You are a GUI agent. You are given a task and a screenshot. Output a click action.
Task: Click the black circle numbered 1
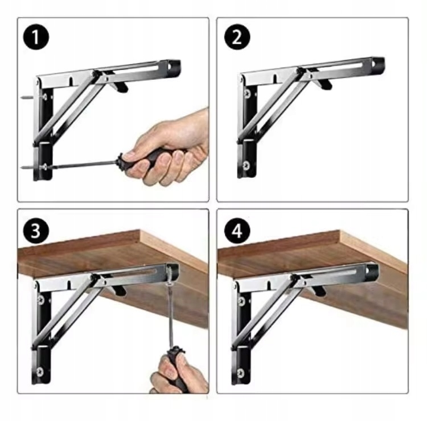click(x=36, y=37)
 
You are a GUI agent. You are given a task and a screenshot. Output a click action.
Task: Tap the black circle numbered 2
click(x=237, y=37)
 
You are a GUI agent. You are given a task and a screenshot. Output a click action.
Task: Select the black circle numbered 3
click(x=36, y=231)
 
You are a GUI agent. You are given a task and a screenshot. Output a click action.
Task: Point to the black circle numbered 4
click(x=237, y=231)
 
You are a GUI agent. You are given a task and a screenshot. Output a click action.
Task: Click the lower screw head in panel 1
click(x=43, y=167)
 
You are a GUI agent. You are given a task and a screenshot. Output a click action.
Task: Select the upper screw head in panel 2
click(x=247, y=94)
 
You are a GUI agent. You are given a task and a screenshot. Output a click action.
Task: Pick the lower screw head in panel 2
click(x=246, y=165)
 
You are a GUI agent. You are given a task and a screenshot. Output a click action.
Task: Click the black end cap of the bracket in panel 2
click(x=379, y=64)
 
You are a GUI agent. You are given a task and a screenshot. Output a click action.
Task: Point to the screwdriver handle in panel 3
click(x=176, y=367)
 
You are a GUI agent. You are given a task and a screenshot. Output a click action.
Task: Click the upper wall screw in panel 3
click(x=41, y=300)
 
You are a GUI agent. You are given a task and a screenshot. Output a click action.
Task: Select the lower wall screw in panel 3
click(x=40, y=371)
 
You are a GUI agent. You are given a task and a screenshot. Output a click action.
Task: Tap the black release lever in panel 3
click(x=119, y=290)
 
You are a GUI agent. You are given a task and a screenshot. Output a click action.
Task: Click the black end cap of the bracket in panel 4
click(x=372, y=270)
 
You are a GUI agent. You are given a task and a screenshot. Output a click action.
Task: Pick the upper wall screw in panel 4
click(x=241, y=301)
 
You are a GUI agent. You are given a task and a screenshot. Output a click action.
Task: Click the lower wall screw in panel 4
click(x=240, y=372)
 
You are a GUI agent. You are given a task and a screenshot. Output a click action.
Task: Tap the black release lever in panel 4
click(x=319, y=290)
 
